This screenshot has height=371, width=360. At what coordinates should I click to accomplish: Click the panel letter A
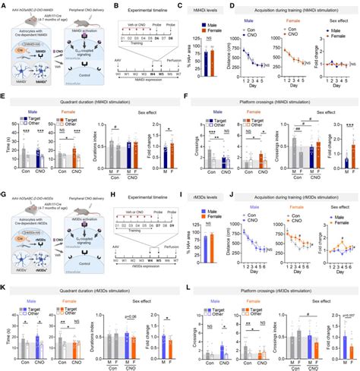coord(4,5)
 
